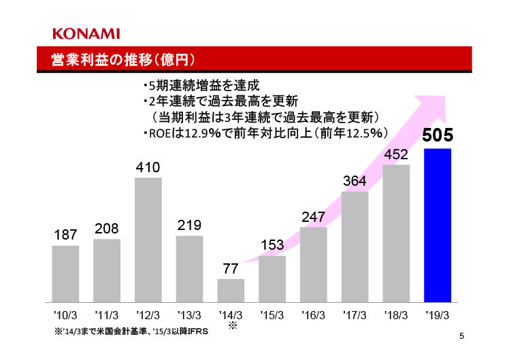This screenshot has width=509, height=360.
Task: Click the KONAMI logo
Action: [86, 33]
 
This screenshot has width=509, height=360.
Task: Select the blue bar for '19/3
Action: [438, 225]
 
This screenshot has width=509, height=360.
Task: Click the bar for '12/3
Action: [148, 240]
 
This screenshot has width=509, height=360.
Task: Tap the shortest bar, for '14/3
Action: [231, 290]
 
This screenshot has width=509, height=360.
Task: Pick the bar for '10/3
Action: [65, 274]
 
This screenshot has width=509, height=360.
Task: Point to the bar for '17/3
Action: [355, 246]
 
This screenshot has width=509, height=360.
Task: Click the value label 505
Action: [438, 135]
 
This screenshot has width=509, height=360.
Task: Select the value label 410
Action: [148, 167]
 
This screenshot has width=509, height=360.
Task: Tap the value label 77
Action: [231, 269]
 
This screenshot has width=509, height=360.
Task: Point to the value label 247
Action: [313, 216]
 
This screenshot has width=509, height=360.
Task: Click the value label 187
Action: [65, 235]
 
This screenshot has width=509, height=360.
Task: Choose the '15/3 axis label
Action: [272, 315]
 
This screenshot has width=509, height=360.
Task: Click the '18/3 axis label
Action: [396, 315]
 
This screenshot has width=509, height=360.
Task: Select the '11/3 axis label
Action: [107, 315]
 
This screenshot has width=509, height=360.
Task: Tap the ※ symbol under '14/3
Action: [231, 326]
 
